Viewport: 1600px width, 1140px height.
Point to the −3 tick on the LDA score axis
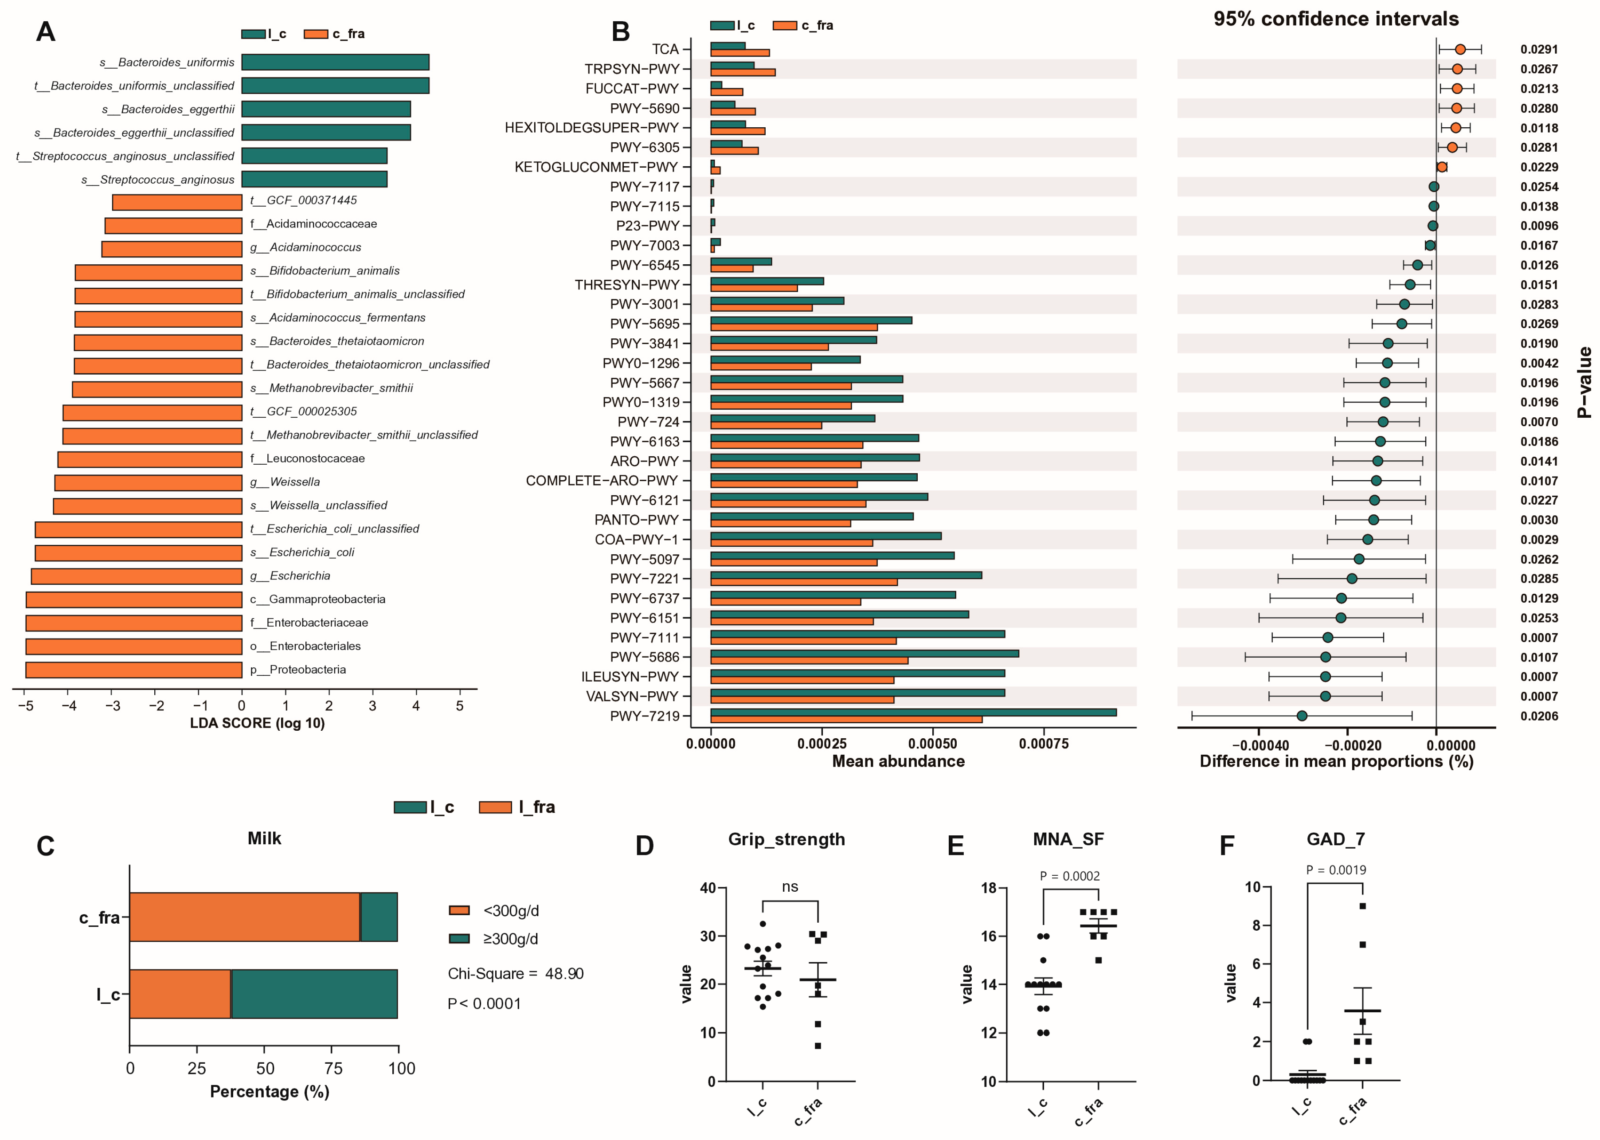coord(113,705)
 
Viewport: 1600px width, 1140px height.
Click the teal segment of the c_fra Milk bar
coord(379,917)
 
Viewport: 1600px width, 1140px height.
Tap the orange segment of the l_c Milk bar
coord(180,994)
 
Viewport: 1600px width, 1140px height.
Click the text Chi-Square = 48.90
coord(515,974)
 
